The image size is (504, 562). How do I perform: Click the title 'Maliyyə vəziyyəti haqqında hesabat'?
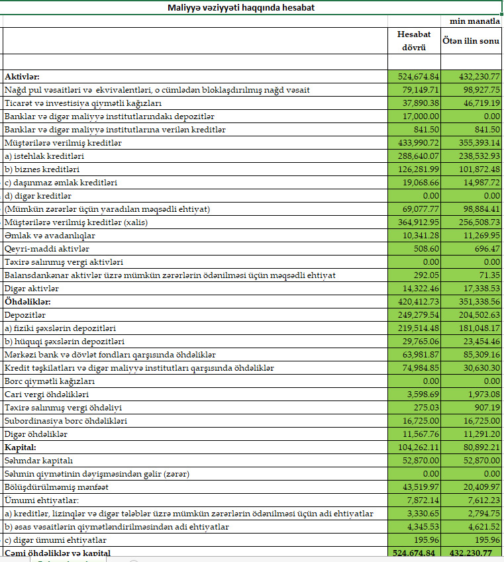click(241, 8)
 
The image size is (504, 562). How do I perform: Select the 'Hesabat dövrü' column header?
click(413, 40)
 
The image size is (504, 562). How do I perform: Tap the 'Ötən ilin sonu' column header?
click(471, 41)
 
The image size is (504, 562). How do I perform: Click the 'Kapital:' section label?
click(21, 447)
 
